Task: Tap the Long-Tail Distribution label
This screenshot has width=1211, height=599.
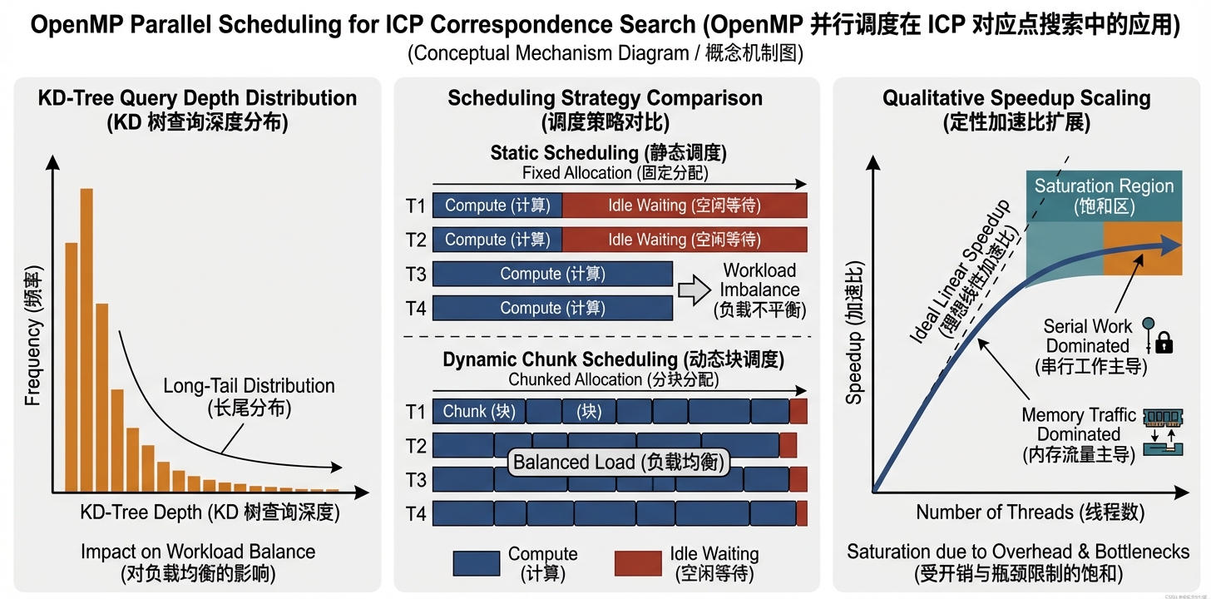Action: point(249,397)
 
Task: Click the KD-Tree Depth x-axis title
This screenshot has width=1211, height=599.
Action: point(210,512)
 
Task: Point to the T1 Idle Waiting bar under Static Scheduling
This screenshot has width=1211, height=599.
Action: point(684,205)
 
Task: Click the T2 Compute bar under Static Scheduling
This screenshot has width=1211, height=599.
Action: point(497,240)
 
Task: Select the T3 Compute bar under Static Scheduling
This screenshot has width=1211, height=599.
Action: point(552,274)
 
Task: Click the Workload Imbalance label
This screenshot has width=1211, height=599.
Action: point(759,290)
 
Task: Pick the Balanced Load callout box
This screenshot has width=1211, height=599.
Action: point(618,463)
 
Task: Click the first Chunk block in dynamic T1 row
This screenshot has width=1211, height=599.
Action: point(478,411)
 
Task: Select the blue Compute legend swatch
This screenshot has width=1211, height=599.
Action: point(476,563)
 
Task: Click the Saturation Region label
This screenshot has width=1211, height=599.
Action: point(1104,196)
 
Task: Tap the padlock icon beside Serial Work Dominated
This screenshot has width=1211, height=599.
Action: point(1164,341)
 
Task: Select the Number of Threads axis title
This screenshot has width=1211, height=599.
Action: point(1030,512)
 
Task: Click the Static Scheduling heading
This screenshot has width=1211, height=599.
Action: point(608,153)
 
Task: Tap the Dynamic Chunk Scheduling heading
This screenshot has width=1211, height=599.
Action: point(613,360)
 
